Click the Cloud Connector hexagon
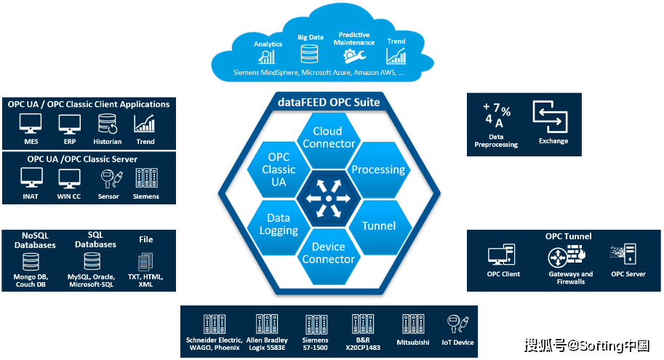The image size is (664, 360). (x=329, y=137)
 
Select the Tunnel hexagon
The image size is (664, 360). (x=378, y=225)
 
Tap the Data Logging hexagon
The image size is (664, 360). (x=279, y=224)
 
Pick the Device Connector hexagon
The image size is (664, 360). (x=329, y=252)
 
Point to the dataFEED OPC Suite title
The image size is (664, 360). (x=329, y=103)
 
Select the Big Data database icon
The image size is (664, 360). (x=311, y=54)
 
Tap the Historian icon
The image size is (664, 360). (x=108, y=124)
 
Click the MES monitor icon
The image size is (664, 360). (x=31, y=124)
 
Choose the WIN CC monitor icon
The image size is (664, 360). (x=69, y=179)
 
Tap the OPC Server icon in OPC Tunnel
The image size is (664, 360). (x=627, y=255)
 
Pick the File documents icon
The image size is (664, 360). (x=145, y=262)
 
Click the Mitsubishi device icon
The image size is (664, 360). (x=413, y=325)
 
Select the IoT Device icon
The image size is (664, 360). (x=457, y=324)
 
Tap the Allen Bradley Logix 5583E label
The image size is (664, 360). (x=267, y=344)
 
